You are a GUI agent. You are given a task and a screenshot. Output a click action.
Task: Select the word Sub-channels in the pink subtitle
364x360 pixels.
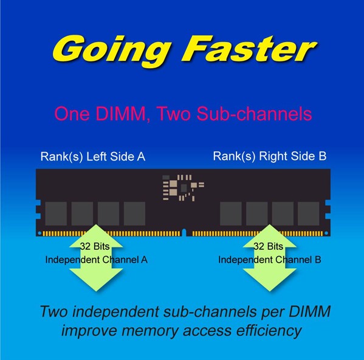[254, 114]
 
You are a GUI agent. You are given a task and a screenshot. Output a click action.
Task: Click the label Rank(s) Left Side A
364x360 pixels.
[93, 156]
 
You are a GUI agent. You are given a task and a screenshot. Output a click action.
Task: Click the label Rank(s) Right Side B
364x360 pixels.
[270, 156]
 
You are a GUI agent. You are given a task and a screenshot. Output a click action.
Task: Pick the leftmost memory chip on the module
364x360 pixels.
[56, 213]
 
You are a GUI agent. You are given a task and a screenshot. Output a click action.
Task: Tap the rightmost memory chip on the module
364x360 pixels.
[308, 213]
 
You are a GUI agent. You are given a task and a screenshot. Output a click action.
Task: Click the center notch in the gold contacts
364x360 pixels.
[184, 232]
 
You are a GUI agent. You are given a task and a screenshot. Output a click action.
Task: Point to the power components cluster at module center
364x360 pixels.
[184, 188]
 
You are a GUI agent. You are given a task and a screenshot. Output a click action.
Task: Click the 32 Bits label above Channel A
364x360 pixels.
[95, 246]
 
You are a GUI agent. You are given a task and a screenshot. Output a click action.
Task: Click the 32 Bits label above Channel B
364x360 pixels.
[269, 246]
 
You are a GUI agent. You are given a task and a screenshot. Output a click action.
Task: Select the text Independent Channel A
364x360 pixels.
[97, 260]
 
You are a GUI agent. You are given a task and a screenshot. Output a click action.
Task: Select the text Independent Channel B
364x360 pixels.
[270, 260]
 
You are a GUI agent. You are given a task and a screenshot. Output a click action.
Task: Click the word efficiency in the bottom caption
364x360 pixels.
[269, 331]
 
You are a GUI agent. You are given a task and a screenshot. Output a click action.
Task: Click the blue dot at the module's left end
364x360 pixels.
[39, 233]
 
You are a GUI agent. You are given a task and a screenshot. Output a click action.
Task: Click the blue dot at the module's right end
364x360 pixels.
[326, 233]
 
